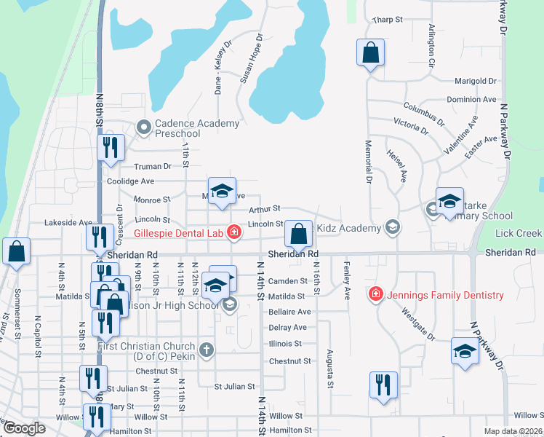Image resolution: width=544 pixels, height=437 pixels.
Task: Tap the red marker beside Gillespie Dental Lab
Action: tap(234, 233)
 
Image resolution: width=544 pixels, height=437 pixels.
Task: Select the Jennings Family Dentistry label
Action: tap(445, 295)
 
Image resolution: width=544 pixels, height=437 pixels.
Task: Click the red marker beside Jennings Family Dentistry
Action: tap(376, 294)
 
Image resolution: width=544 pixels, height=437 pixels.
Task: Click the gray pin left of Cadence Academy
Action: tap(144, 128)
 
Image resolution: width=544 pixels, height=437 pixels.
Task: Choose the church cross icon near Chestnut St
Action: tap(207, 350)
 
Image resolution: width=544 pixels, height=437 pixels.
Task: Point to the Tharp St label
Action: tap(388, 20)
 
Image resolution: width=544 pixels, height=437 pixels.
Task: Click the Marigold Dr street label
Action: tap(475, 82)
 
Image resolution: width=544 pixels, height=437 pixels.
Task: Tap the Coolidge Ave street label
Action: tap(131, 181)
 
